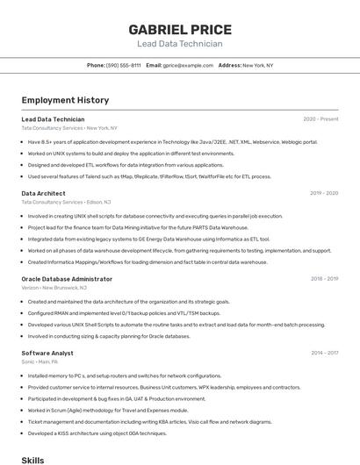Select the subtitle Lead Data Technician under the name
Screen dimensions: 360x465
(x=179, y=44)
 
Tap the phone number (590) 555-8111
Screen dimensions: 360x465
(x=123, y=65)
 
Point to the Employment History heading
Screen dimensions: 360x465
(x=65, y=100)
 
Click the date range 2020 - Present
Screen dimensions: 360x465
(x=320, y=118)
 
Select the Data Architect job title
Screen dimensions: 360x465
(x=43, y=193)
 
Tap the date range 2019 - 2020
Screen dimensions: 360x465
(x=324, y=193)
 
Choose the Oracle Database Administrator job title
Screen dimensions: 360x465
(x=67, y=279)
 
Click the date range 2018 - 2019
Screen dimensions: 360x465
(x=324, y=279)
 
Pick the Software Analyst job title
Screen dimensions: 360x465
(x=47, y=353)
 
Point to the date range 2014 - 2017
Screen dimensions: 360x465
(x=324, y=353)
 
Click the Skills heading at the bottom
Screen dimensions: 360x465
(x=32, y=459)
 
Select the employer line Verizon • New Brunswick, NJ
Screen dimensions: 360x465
(x=54, y=288)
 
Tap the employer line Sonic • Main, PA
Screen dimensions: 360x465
(x=40, y=361)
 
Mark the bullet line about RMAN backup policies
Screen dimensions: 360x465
(x=124, y=313)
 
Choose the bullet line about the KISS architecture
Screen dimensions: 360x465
(x=97, y=433)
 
